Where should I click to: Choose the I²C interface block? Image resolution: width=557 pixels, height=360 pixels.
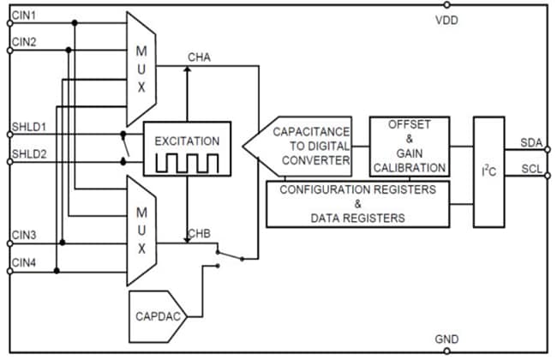(489, 171)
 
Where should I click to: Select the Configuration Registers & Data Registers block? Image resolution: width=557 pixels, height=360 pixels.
(357, 204)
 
